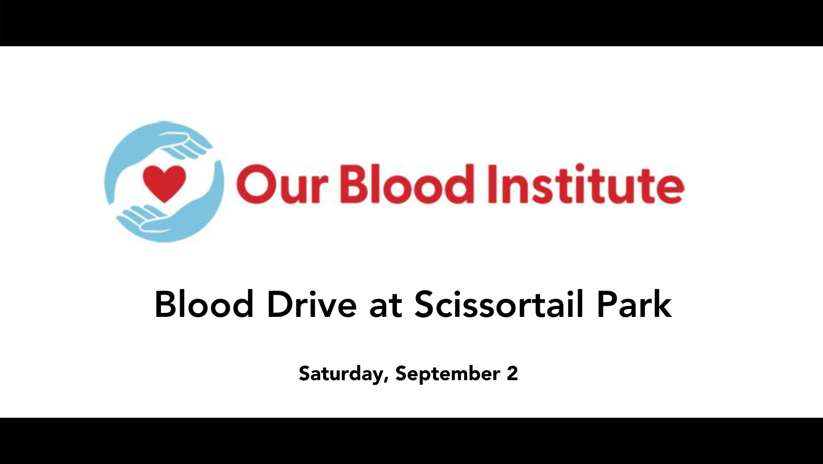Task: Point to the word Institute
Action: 586,183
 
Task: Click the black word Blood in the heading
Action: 204,304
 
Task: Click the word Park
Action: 634,304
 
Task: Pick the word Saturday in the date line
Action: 341,374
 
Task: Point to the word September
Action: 448,374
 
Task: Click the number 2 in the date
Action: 512,373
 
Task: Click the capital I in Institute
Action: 492,183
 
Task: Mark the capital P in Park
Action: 606,304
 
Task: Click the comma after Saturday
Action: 386,381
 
